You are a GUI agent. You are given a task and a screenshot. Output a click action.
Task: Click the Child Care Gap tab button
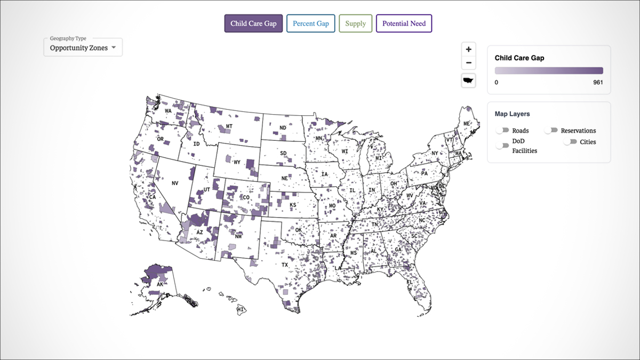tap(253, 23)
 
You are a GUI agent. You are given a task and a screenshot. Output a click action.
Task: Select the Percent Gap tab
tap(310, 23)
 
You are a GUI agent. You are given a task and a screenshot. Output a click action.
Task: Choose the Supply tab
tap(355, 23)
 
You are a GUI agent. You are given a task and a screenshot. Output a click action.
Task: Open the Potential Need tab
tap(404, 23)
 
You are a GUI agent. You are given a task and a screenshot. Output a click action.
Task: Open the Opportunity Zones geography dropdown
tap(83, 47)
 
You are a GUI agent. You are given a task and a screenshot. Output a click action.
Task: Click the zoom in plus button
tap(469, 49)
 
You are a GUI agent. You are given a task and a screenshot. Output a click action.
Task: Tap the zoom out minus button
tap(469, 63)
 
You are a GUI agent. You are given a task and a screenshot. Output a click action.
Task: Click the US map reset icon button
tap(469, 81)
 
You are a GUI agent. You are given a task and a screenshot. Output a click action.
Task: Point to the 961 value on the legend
tap(598, 83)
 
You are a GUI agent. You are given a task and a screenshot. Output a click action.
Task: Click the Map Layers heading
tap(512, 114)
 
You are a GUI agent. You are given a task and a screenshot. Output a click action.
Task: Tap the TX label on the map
tap(284, 265)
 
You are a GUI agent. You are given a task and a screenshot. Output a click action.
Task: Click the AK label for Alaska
tap(159, 285)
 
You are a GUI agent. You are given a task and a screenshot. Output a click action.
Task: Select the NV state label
tap(174, 183)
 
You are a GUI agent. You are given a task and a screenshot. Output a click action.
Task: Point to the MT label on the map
tap(229, 126)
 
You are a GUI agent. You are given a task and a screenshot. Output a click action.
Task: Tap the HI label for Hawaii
tap(241, 309)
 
